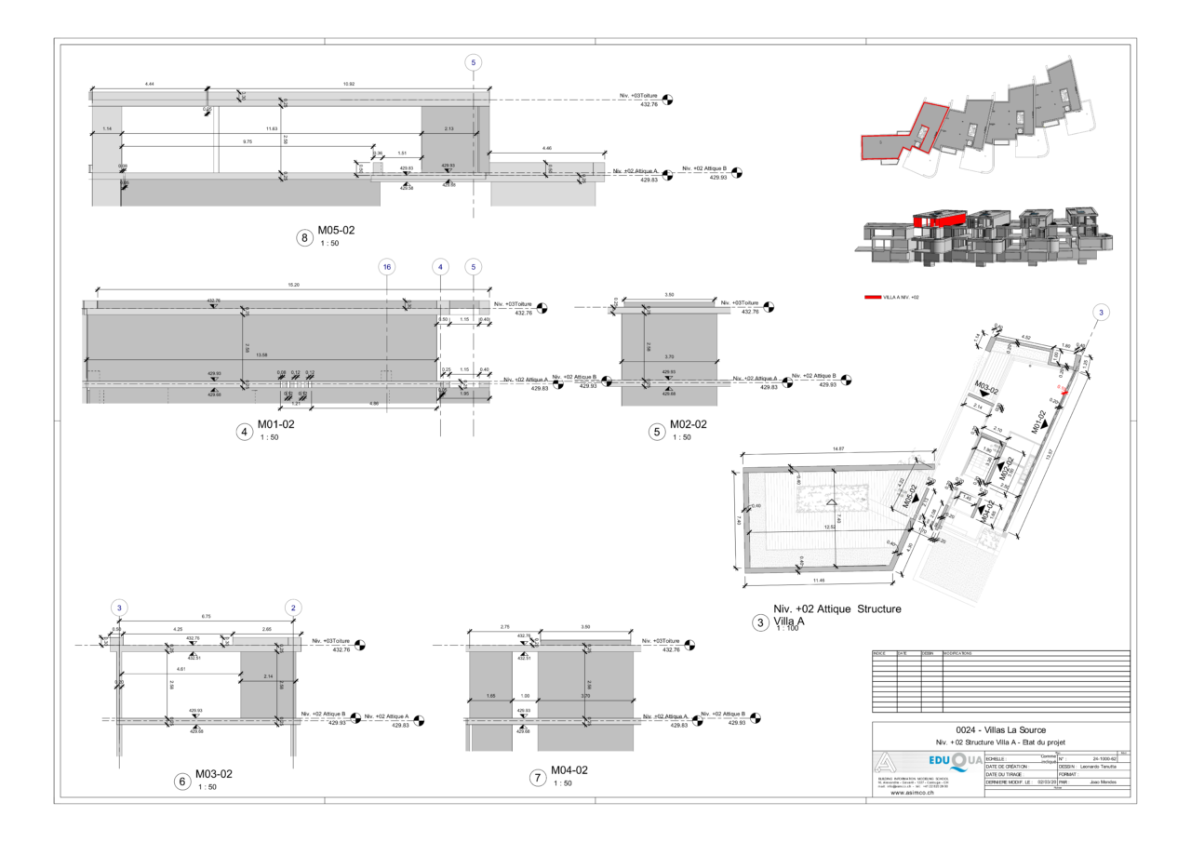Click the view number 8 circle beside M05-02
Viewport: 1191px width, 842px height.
[304, 238]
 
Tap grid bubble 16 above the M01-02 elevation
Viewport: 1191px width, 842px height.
[387, 266]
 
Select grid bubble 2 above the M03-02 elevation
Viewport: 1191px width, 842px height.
[294, 607]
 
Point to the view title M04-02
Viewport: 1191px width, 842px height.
[569, 770]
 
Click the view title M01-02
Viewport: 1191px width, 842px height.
[276, 424]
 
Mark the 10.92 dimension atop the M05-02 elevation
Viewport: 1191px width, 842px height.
[349, 85]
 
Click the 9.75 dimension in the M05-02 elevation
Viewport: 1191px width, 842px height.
[247, 141]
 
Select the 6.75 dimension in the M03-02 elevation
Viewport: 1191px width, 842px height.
[207, 616]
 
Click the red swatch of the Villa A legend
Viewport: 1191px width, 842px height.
[873, 298]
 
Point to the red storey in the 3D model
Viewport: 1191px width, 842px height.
[934, 221]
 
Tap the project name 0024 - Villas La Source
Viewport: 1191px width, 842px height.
[1001, 729]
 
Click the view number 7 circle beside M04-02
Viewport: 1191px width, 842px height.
[538, 779]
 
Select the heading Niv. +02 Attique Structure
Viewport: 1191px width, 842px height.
[825, 609]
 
